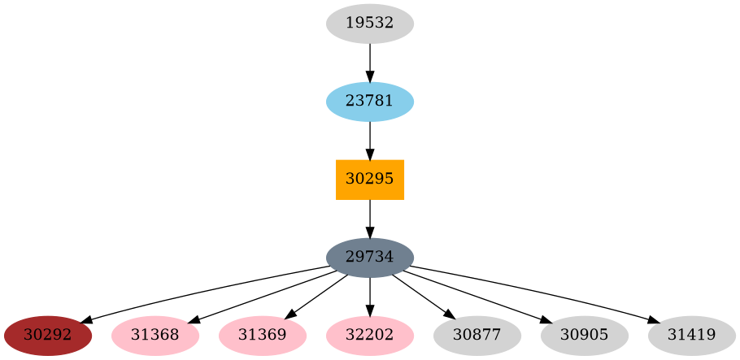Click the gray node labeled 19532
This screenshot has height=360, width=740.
point(370,24)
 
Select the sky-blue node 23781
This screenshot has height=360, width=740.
point(370,102)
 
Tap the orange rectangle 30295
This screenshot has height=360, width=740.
point(370,180)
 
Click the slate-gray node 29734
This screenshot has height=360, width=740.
point(370,258)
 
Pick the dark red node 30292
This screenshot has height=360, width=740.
point(48,336)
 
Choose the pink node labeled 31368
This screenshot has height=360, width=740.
point(155,336)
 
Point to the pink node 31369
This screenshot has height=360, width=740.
point(263,336)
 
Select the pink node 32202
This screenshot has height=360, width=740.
point(370,336)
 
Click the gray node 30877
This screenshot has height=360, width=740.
point(477,336)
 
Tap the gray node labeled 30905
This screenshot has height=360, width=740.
point(585,336)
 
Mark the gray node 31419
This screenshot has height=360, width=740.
point(692,336)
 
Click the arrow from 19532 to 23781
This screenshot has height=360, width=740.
point(370,62)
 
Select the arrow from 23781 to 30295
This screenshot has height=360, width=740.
point(370,140)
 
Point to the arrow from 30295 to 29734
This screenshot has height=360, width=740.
point(370,218)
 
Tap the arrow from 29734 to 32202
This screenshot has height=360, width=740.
point(370,297)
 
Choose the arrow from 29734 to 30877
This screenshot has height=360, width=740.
point(423,297)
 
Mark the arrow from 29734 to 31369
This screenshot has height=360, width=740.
point(317,297)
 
